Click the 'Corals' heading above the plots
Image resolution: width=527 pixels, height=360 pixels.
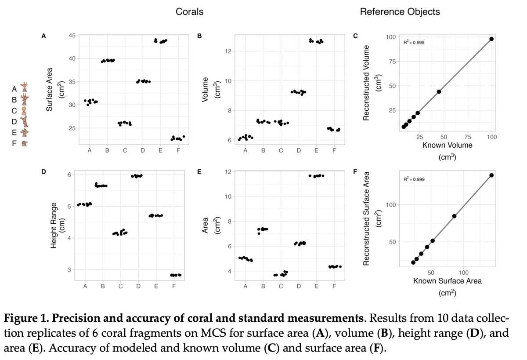pyautogui.click(x=189, y=12)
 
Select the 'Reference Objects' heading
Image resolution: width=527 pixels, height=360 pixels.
pyautogui.click(x=400, y=12)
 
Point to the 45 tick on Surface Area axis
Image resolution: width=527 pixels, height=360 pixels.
pyautogui.click(x=72, y=36)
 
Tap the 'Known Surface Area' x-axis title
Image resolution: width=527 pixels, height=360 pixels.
pyautogui.click(x=447, y=281)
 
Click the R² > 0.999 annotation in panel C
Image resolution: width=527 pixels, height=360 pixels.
pyautogui.click(x=414, y=42)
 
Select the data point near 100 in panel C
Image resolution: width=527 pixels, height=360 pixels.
pyautogui.click(x=491, y=39)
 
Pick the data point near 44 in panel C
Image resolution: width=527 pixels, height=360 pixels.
pyautogui.click(x=439, y=91)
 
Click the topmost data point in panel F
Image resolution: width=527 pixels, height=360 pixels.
pyautogui.click(x=491, y=175)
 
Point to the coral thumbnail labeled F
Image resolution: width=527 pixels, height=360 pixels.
pyautogui.click(x=25, y=143)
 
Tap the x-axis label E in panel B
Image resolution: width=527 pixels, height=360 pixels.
pyautogui.click(x=316, y=151)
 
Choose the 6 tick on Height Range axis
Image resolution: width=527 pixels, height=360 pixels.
pyautogui.click(x=69, y=175)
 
